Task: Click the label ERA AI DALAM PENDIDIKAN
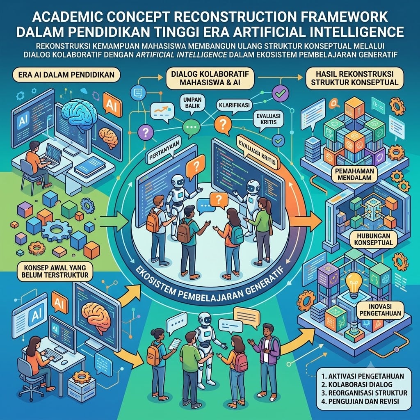(x=66, y=75)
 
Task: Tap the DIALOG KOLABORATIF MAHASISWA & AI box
(x=210, y=78)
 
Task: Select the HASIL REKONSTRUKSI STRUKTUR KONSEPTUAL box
(x=355, y=78)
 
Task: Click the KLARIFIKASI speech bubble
(x=234, y=105)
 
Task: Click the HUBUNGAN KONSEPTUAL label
(x=373, y=239)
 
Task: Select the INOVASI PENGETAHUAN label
(x=380, y=310)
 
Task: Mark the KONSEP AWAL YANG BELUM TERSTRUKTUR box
(x=55, y=272)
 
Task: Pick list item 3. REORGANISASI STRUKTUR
(x=364, y=393)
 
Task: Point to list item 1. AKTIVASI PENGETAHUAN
(x=363, y=376)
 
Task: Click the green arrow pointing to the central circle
(x=114, y=221)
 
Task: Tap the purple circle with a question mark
(x=146, y=132)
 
